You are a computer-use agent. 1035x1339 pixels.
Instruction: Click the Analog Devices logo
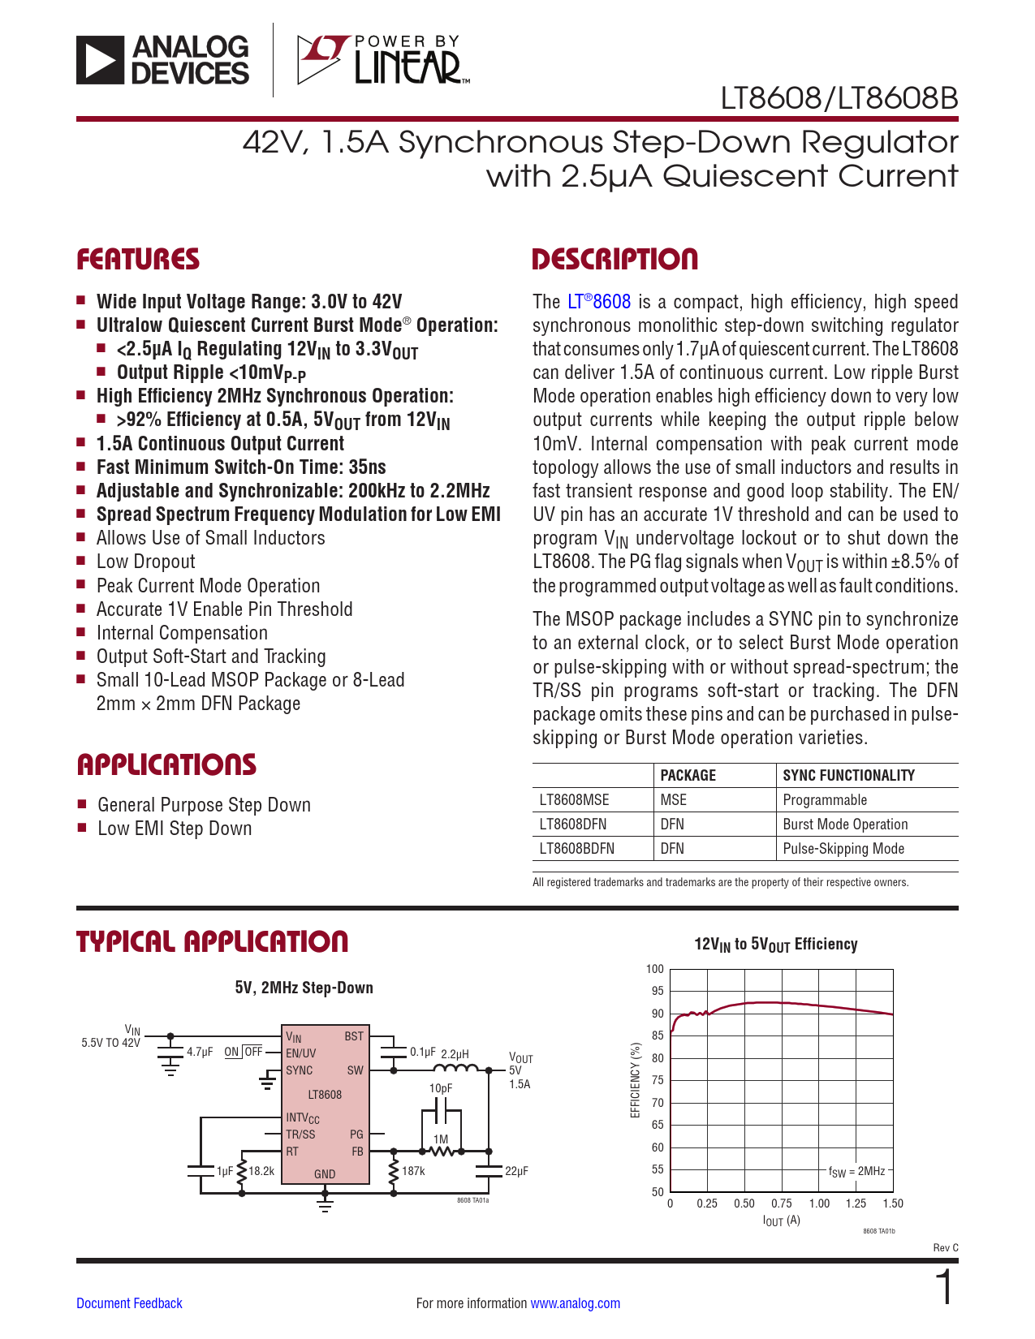click(162, 59)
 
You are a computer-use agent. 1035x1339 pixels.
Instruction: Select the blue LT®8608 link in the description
click(599, 302)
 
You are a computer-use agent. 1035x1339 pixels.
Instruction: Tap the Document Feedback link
click(129, 1303)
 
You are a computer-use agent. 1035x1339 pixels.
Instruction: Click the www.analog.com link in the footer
click(575, 1303)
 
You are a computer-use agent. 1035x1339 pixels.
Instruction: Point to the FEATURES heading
click(138, 260)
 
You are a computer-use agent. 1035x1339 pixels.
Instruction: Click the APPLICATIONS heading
click(166, 764)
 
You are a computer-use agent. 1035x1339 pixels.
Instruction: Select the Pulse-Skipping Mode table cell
click(843, 849)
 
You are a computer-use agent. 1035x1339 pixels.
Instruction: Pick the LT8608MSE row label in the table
click(574, 800)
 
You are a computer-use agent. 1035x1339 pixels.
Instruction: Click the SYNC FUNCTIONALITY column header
click(848, 776)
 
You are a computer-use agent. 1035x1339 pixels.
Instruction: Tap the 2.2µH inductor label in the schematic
click(455, 1054)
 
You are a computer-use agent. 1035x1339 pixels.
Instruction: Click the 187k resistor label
click(413, 1171)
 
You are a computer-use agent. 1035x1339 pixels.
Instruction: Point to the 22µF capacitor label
click(516, 1171)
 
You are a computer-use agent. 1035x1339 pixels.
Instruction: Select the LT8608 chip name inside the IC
click(325, 1095)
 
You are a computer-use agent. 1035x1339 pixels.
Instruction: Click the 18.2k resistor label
click(261, 1171)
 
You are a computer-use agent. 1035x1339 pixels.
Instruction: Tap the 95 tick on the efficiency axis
click(656, 991)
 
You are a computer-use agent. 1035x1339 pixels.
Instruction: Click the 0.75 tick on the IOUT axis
click(781, 1203)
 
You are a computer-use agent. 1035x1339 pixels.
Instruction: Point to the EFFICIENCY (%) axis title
click(636, 1080)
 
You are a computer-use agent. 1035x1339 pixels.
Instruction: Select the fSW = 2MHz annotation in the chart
click(856, 1171)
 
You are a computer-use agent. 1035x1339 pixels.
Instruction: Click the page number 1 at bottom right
click(944, 1289)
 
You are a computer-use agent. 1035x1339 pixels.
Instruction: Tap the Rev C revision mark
click(946, 1247)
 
